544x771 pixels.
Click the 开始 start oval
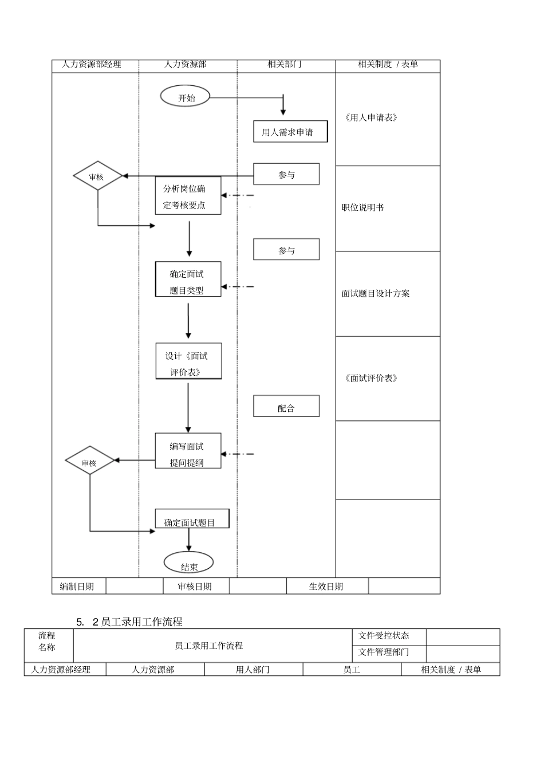coord(186,97)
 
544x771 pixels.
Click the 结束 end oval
coord(189,566)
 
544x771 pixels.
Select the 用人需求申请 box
coord(290,132)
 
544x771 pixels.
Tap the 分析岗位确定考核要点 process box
coord(188,196)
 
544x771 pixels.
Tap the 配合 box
coord(286,407)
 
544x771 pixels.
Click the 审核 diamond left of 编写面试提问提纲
coord(89,462)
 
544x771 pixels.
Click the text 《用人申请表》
coord(371,118)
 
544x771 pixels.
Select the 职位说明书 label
coord(362,207)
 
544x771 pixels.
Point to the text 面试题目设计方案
coord(376,293)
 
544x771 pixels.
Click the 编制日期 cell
coord(78,587)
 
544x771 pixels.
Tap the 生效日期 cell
coord(326,587)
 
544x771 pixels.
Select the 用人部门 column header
coord(253,670)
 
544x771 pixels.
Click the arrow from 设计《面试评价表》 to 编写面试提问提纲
coord(188,407)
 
